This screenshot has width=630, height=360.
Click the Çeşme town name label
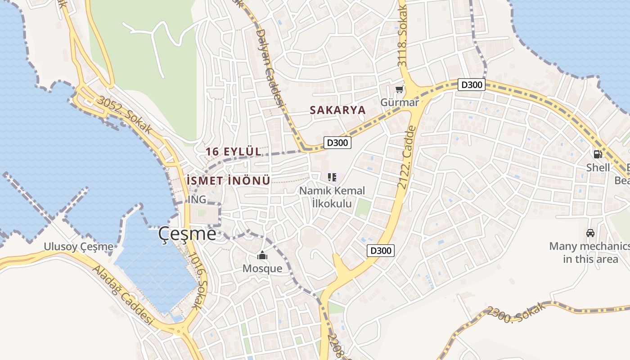[187, 234]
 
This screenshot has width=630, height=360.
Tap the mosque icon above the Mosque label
[262, 256]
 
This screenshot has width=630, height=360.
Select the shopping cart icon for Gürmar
[399, 90]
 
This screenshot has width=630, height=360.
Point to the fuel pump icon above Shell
[598, 154]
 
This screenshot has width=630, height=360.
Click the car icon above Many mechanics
[590, 233]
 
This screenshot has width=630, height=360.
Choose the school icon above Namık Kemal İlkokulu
[332, 177]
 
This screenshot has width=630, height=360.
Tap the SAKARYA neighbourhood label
[337, 110]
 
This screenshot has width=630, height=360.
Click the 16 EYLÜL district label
[234, 152]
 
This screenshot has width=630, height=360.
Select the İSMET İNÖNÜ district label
[229, 181]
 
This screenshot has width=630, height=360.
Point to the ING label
[197, 199]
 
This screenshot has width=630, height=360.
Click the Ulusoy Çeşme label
[79, 247]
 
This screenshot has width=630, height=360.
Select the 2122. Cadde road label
[405, 157]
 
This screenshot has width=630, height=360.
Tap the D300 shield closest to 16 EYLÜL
[337, 143]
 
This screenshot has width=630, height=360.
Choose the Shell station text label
[598, 168]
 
